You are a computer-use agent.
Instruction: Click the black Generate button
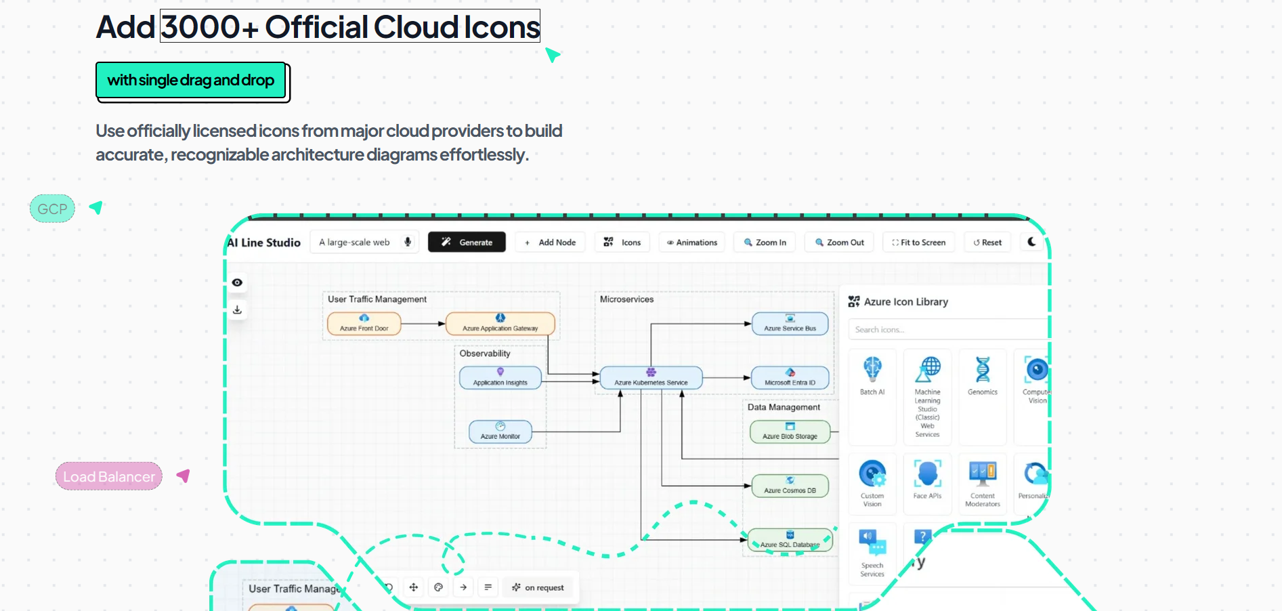[x=467, y=243]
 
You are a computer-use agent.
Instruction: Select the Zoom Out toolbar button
[x=839, y=243]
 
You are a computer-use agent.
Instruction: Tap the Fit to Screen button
[x=918, y=243]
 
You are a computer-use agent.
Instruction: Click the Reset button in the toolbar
[x=987, y=243]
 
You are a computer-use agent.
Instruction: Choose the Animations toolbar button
[x=691, y=243]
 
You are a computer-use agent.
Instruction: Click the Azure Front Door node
[x=364, y=324]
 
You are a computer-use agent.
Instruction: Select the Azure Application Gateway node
[x=500, y=324]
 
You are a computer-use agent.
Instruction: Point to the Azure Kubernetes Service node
[x=651, y=378]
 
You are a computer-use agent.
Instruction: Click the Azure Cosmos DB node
[x=790, y=486]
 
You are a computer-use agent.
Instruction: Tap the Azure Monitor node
[x=500, y=432]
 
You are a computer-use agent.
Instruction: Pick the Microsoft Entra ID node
[x=790, y=378]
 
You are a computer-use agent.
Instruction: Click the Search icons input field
[x=945, y=330]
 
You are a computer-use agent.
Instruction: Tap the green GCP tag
[x=52, y=209]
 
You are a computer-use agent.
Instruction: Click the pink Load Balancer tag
[x=109, y=476]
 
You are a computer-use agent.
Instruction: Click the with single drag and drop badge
[x=191, y=81]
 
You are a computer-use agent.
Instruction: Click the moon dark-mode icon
[x=1031, y=242]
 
